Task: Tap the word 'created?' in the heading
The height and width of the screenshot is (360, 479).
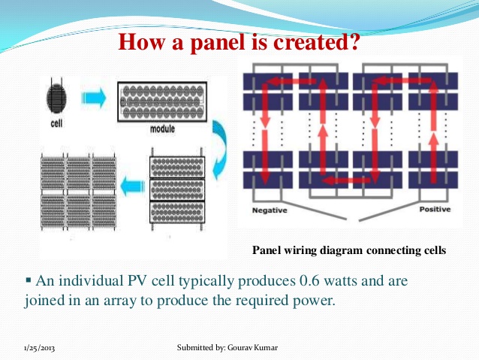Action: (317, 41)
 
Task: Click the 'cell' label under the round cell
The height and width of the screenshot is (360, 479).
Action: (56, 123)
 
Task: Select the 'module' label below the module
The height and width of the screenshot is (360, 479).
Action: (162, 129)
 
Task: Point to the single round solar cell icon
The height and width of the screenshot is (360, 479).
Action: (56, 97)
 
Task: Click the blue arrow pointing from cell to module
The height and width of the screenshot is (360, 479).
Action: (94, 98)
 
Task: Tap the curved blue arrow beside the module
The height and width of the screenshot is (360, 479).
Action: (221, 150)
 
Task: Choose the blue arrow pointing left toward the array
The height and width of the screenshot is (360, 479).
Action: (133, 187)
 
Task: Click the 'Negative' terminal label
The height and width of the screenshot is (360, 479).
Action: (270, 210)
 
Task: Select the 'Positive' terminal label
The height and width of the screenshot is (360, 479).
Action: (435, 209)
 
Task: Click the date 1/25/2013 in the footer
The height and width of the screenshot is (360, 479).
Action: (39, 349)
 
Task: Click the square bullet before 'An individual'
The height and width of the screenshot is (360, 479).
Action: (29, 280)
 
